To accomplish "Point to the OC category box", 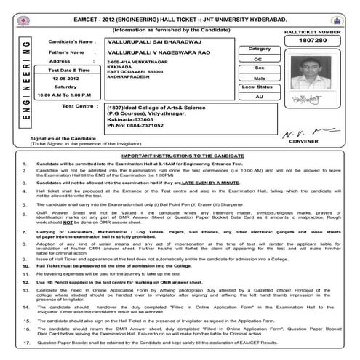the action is point(258,59).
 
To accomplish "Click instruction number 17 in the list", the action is point(27,341).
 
